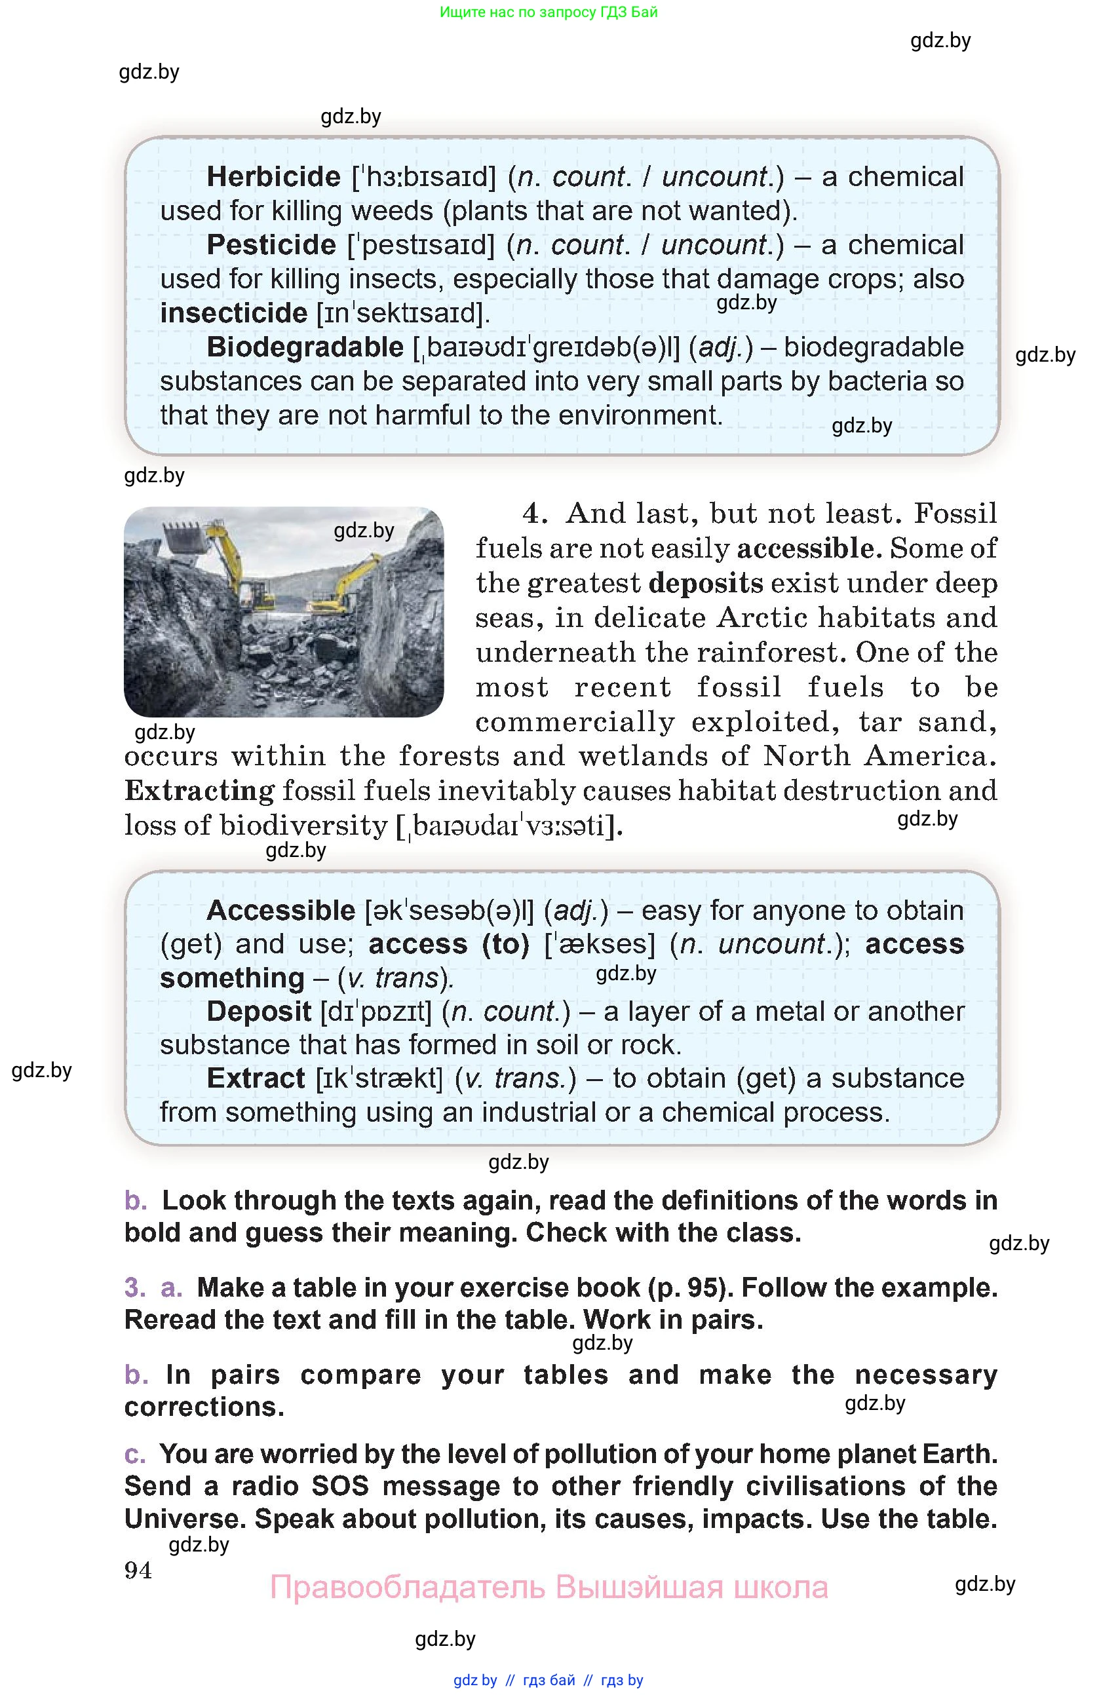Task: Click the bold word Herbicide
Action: point(273,177)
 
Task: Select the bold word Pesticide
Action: point(271,245)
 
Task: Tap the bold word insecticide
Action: point(233,313)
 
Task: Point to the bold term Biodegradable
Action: point(305,347)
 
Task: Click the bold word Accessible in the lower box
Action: point(280,910)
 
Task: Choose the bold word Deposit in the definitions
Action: point(259,1012)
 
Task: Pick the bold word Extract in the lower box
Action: point(256,1078)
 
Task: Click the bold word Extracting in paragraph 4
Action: point(199,791)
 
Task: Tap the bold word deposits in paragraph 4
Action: point(706,582)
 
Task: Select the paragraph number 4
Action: point(534,514)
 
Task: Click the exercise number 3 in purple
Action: point(134,1287)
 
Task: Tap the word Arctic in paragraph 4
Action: point(762,617)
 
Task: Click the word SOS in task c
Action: point(339,1487)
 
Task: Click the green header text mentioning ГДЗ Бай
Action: point(549,12)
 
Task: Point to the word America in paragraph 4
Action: point(929,755)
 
